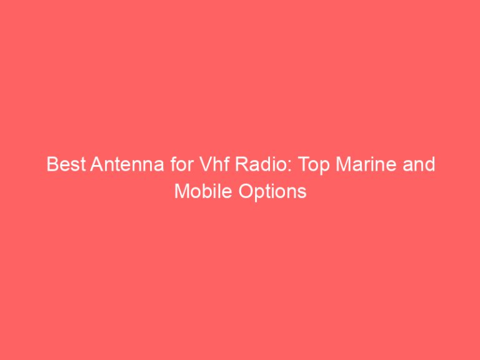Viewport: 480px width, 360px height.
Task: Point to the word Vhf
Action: pos(192,166)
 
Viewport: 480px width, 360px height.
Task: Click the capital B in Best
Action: pos(52,166)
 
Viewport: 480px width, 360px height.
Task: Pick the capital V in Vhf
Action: pos(182,166)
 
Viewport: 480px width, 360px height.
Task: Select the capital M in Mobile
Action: pos(181,191)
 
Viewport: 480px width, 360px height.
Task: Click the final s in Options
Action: pos(302,192)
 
